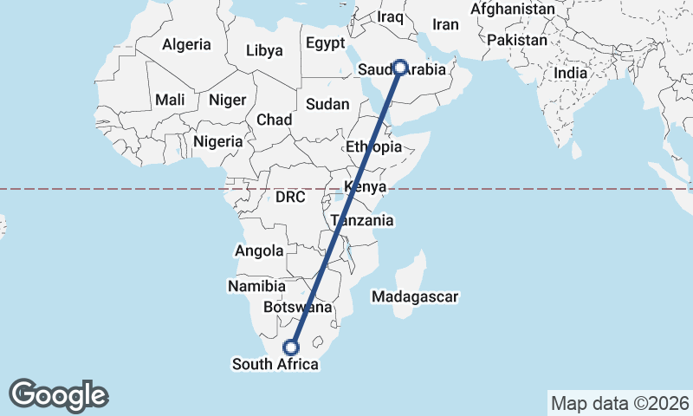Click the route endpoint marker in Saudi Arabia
(x=401, y=67)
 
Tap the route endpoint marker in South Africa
(x=291, y=347)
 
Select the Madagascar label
(x=415, y=297)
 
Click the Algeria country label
(x=187, y=44)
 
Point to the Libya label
(x=264, y=50)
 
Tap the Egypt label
(x=325, y=43)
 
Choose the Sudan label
(x=327, y=104)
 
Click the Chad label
(x=274, y=120)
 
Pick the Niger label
(x=228, y=100)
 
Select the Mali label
(x=170, y=100)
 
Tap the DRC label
(x=291, y=197)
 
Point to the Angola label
(x=259, y=251)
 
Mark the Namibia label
(x=256, y=286)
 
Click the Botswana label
(x=298, y=308)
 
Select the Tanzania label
(x=361, y=221)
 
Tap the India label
(x=570, y=74)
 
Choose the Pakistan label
(x=517, y=40)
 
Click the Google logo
(x=58, y=394)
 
